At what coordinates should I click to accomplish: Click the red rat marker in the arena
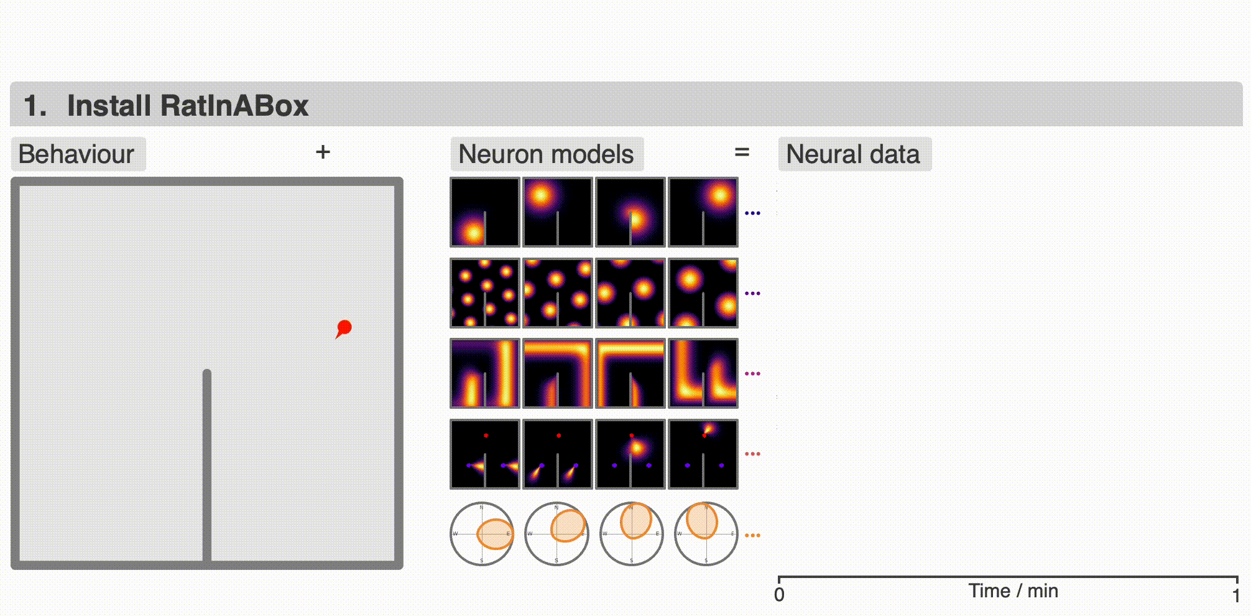point(344,327)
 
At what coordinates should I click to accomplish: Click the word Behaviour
point(76,154)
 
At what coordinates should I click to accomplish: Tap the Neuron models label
point(546,154)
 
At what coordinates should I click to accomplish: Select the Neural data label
point(853,154)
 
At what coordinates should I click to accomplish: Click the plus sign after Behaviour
point(323,152)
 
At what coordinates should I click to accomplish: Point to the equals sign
point(742,152)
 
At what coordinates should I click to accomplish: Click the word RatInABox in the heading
point(188,105)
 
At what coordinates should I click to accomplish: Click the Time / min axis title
point(1013,590)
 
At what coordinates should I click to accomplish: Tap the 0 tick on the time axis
point(779,595)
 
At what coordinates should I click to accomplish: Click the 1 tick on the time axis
point(1236,595)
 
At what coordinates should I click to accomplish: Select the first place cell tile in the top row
point(485,212)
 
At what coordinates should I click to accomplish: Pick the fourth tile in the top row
point(703,212)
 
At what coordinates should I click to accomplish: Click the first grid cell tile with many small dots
point(485,292)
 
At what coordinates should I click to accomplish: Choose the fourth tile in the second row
point(703,292)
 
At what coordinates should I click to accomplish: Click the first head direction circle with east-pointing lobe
point(482,534)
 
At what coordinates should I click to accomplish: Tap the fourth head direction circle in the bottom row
point(706,534)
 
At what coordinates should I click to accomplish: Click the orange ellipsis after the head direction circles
point(752,535)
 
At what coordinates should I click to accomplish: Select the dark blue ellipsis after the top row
point(752,213)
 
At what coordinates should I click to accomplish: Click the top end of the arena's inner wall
point(207,373)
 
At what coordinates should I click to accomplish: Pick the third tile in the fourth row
point(630,454)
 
